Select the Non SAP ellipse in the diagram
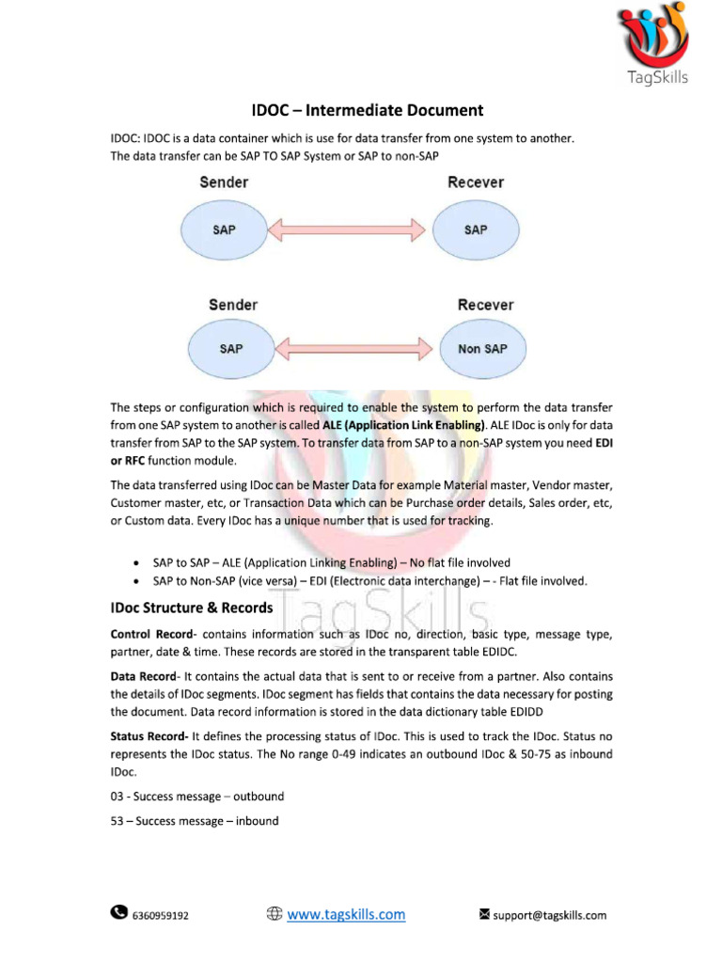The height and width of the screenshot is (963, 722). pos(482,349)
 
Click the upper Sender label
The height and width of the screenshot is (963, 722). pos(224,182)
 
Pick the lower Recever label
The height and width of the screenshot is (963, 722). pos(485,305)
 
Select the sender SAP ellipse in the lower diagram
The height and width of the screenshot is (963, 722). pos(231,349)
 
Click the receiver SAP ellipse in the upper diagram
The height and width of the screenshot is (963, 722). pos(477,229)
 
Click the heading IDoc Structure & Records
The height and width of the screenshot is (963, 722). pos(192,608)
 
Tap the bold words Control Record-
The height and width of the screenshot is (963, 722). pos(154,635)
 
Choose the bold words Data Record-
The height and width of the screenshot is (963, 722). pos(145,677)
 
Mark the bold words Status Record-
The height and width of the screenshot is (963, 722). pos(149,736)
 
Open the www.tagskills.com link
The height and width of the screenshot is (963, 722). pos(346,913)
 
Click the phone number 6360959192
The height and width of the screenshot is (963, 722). pos(161,915)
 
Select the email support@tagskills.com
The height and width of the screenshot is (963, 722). pos(550,915)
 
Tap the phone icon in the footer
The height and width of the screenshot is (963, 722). pos(119,912)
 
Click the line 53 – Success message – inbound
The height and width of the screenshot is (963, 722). pos(195,821)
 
